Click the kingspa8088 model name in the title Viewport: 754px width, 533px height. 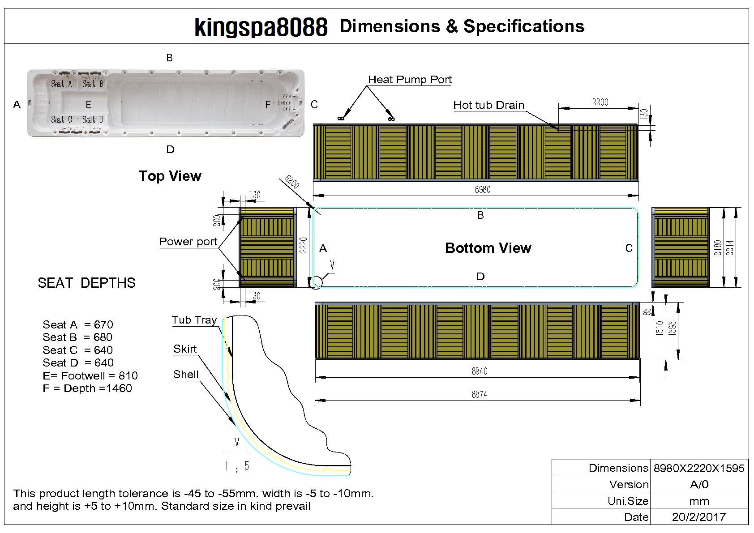click(261, 27)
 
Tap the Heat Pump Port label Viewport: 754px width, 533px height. click(410, 80)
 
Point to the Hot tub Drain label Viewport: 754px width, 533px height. click(488, 105)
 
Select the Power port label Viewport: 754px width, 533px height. click(188, 242)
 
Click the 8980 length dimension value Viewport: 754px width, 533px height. click(483, 189)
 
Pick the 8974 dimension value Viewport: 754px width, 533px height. click(480, 394)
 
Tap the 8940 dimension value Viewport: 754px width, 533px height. click(480, 371)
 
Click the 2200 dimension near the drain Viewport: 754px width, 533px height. click(600, 102)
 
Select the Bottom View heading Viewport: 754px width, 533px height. click(488, 248)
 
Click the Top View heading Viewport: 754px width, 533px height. click(170, 176)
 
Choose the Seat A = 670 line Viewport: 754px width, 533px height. click(78, 324)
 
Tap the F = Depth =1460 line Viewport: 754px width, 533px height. click(87, 388)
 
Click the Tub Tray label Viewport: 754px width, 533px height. click(194, 320)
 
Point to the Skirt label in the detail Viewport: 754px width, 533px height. click(185, 349)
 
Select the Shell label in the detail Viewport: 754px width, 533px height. click(186, 375)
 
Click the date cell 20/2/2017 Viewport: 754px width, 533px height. click(698, 517)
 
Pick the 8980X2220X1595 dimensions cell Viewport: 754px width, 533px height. click(699, 468)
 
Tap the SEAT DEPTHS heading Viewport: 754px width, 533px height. click(86, 283)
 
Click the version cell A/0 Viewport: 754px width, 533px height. click(699, 484)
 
